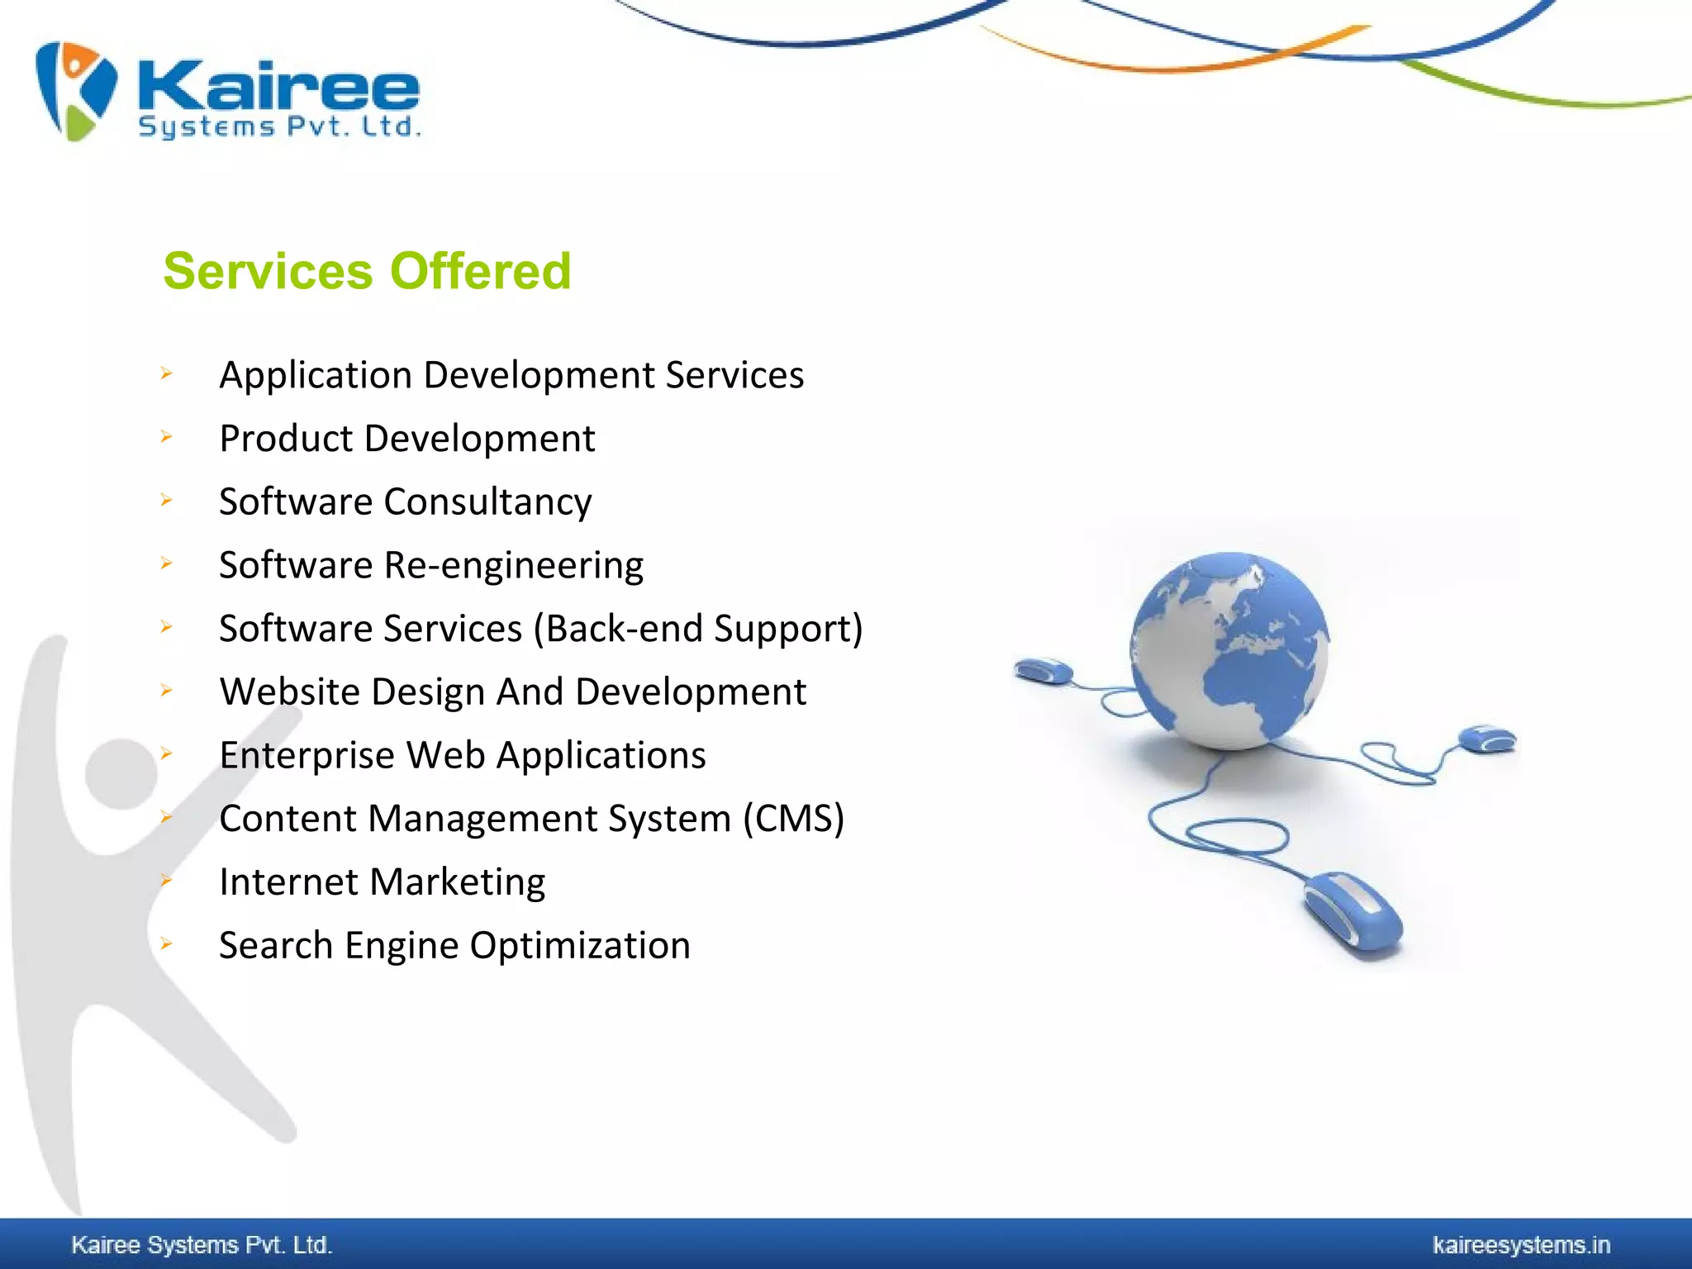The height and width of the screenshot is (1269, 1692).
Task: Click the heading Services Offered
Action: click(x=367, y=271)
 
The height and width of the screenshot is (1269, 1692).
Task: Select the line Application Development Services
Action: click(x=511, y=375)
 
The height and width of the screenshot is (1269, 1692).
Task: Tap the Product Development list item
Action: click(x=406, y=439)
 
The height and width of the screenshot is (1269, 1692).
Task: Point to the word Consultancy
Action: click(x=487, y=502)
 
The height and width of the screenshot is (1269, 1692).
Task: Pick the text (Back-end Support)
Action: click(x=698, y=629)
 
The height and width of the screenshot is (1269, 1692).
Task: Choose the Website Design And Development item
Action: click(x=512, y=692)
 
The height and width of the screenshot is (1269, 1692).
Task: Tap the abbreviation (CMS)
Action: click(x=793, y=819)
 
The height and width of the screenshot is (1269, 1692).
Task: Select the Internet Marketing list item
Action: click(x=382, y=882)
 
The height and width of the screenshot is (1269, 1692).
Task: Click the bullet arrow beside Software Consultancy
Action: click(x=166, y=500)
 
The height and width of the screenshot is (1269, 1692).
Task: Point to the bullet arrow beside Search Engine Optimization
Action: click(x=166, y=943)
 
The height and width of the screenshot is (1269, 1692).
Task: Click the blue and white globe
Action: click(x=1229, y=651)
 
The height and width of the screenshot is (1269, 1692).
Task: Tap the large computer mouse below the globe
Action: click(x=1353, y=913)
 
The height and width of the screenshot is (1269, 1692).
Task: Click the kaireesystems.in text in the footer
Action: click(x=1521, y=1245)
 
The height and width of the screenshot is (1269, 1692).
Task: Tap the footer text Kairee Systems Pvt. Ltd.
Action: click(x=202, y=1245)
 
